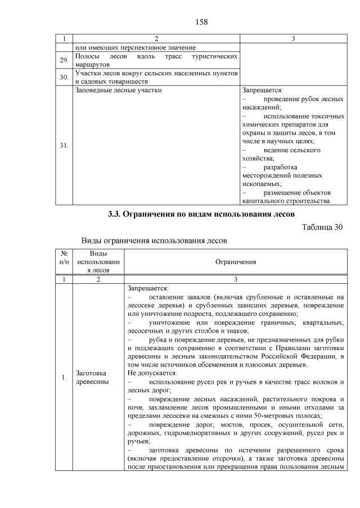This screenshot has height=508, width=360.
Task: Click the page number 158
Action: [201, 22]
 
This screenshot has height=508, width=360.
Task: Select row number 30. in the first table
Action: [64, 78]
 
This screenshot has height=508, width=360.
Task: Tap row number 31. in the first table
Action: [64, 145]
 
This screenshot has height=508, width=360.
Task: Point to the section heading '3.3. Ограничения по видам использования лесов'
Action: [201, 214]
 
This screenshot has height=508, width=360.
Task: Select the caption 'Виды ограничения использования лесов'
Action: [154, 241]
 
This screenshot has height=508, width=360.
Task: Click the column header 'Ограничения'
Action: [236, 261]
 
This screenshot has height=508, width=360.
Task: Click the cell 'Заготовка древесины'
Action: [91, 377]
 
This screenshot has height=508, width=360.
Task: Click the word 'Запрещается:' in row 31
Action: [262, 89]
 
